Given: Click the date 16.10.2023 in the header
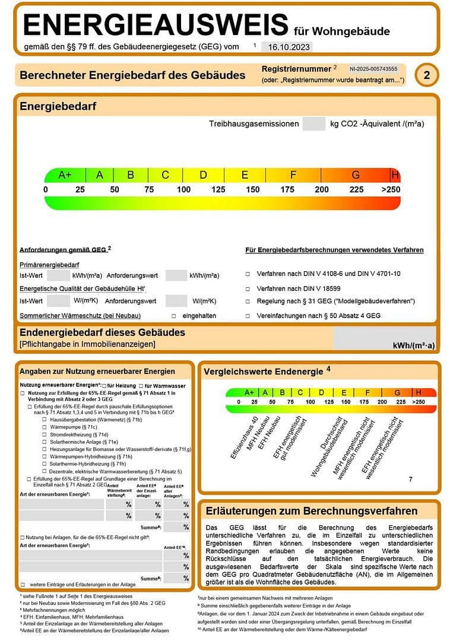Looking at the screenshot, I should [x=288, y=47].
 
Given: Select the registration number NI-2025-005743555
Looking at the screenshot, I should [x=373, y=69].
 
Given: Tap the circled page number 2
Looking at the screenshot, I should [x=427, y=75].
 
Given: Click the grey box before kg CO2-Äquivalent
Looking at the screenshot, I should [x=313, y=124].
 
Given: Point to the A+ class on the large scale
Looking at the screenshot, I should [x=65, y=175].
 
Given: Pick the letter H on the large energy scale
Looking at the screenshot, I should [x=395, y=175].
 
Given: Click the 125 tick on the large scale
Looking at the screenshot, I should [x=218, y=190].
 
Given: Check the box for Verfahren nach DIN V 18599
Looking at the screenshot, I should [x=248, y=288].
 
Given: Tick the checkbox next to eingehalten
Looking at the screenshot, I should [x=174, y=316].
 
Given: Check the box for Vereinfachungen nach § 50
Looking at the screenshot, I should [x=248, y=316].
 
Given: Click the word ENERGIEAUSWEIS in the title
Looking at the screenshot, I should [x=156, y=26].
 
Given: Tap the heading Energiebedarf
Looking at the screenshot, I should [x=58, y=107].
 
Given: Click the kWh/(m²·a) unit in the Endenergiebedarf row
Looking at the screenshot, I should [x=414, y=345].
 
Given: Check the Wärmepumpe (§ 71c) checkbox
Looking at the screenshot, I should [x=45, y=427].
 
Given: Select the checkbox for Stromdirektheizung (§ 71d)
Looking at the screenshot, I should [x=45, y=434].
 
